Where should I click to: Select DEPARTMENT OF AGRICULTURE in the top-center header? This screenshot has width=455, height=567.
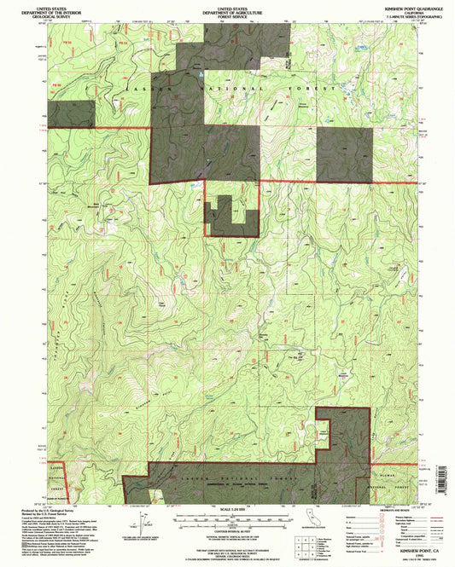tap(226, 11)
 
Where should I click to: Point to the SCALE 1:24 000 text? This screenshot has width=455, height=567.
tap(226, 510)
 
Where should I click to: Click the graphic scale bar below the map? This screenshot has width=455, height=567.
tap(226, 518)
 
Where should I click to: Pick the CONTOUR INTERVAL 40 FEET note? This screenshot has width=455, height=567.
tap(226, 528)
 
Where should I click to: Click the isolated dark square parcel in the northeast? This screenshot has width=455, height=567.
tap(345, 154)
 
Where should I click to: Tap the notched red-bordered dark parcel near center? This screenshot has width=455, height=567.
tap(230, 217)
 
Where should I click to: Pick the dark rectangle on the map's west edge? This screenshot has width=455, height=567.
tap(59, 114)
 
